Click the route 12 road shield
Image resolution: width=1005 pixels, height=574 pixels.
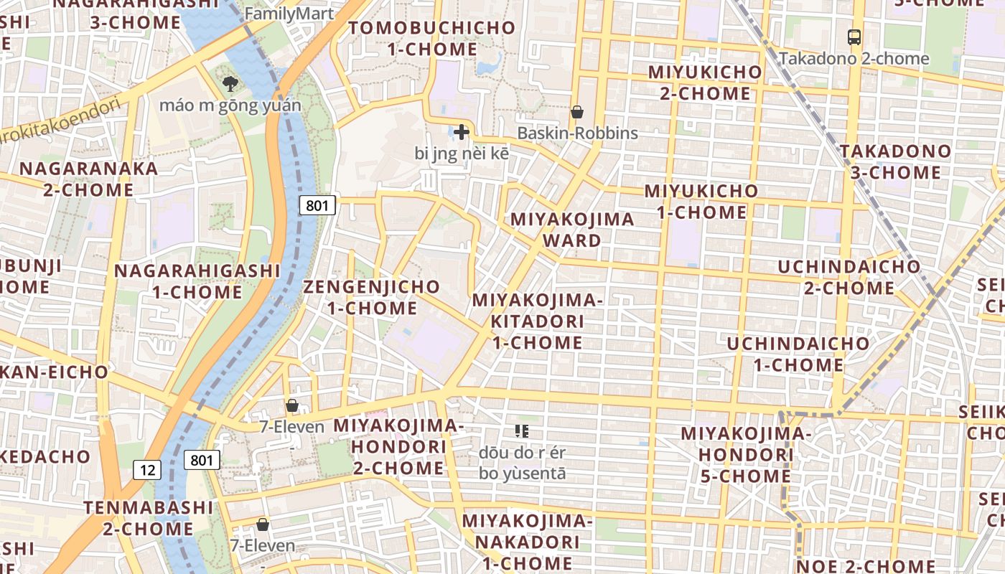point(147,470)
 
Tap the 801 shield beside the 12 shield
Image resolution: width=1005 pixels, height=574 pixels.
point(201,460)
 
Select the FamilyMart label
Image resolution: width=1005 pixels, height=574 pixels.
point(289,13)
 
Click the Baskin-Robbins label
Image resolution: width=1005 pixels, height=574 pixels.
point(577,133)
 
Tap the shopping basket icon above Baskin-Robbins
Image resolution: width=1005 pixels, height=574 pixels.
point(576,112)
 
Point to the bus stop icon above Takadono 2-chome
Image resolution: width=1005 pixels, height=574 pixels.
point(854,37)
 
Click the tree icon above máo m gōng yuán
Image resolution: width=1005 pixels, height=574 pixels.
point(230,84)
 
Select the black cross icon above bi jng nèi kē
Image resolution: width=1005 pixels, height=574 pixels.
point(461,132)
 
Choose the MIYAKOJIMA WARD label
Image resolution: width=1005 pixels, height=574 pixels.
point(572,230)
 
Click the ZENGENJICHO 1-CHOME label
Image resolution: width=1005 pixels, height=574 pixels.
point(371,297)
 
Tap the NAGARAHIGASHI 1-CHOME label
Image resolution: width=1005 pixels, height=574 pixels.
point(197,281)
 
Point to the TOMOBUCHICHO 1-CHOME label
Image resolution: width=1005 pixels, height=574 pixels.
point(432,39)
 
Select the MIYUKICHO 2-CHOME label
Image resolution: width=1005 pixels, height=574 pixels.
point(704,83)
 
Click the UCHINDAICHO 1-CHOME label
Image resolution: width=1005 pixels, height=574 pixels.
point(798,354)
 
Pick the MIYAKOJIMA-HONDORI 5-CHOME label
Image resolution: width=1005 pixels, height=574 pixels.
point(745,455)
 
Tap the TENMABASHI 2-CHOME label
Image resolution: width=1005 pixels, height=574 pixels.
point(149,518)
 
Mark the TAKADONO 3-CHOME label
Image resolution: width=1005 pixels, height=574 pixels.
point(895,161)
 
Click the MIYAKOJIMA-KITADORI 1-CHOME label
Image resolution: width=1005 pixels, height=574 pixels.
point(537,321)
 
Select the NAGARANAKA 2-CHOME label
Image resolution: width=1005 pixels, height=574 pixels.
point(89,179)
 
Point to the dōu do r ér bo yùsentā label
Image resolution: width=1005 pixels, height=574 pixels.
point(522,464)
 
